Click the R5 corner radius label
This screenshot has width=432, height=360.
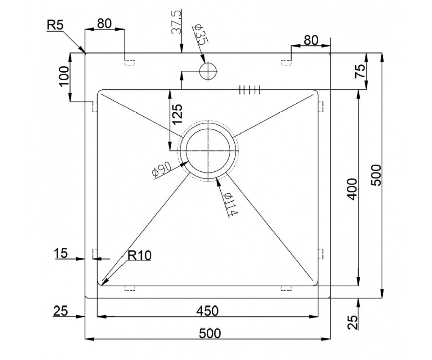click(x=55, y=25)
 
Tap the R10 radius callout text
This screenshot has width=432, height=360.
click(x=139, y=256)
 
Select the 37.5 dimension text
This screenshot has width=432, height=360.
click(x=176, y=22)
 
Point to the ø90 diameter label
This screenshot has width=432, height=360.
click(x=162, y=170)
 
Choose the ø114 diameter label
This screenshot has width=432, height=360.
click(x=231, y=204)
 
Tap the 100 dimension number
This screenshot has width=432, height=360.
click(x=64, y=76)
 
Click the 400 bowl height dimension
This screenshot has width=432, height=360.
click(x=352, y=189)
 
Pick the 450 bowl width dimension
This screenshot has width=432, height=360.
click(x=207, y=311)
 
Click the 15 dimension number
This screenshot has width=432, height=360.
click(x=61, y=253)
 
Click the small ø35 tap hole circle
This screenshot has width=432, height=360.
click(x=208, y=71)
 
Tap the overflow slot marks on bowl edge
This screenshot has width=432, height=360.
click(x=249, y=90)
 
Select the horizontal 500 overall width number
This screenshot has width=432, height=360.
click(x=210, y=333)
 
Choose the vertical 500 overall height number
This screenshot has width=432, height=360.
click(x=376, y=175)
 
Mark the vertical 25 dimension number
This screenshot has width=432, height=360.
click(x=352, y=322)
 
